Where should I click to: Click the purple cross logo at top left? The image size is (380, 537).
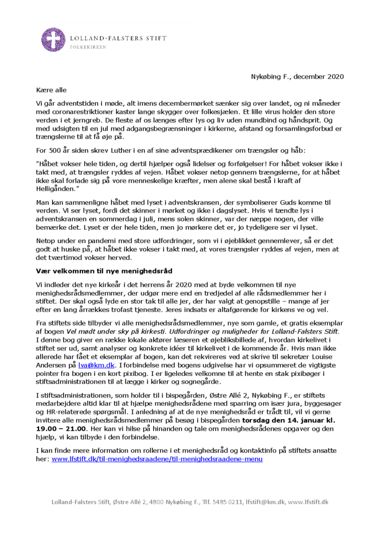(53, 39)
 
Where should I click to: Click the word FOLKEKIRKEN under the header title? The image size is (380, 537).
(87, 47)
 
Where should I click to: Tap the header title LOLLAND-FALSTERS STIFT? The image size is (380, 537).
(118, 38)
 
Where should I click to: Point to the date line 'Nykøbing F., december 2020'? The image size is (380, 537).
(297, 76)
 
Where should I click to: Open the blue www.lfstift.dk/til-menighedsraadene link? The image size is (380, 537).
(157, 460)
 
